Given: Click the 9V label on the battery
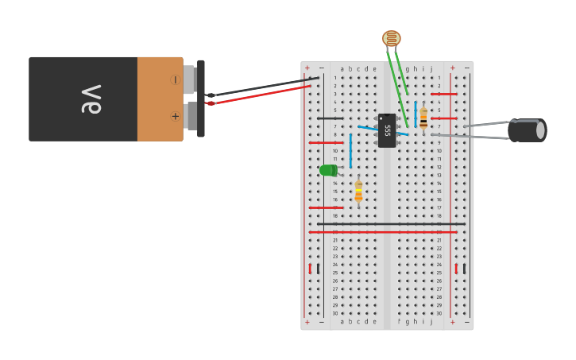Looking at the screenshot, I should tap(91, 99).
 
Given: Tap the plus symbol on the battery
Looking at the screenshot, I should tap(175, 116).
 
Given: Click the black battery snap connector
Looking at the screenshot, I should tap(201, 98).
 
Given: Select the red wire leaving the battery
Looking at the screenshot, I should tap(262, 94).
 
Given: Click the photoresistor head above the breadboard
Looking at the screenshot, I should tap(391, 38).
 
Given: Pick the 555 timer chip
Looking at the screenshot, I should tap(387, 130).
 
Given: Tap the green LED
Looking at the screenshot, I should tap(328, 170).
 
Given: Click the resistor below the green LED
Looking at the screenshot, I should tap(358, 191).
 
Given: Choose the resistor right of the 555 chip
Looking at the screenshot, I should tap(423, 118).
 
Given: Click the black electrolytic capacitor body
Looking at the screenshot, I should tap(526, 130).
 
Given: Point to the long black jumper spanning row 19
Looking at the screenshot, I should tap(391, 224).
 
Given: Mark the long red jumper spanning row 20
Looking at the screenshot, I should tap(391, 232).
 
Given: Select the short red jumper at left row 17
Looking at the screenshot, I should tap(326, 207).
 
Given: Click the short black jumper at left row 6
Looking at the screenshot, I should tap(330, 118).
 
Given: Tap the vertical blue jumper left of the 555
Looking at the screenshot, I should tap(350, 150).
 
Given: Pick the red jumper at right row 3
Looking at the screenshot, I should tap(444, 94).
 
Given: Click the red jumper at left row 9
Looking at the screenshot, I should tap(326, 143).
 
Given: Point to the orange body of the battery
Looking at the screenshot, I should tap(159, 99).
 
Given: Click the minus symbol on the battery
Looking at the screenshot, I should tap(175, 80).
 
